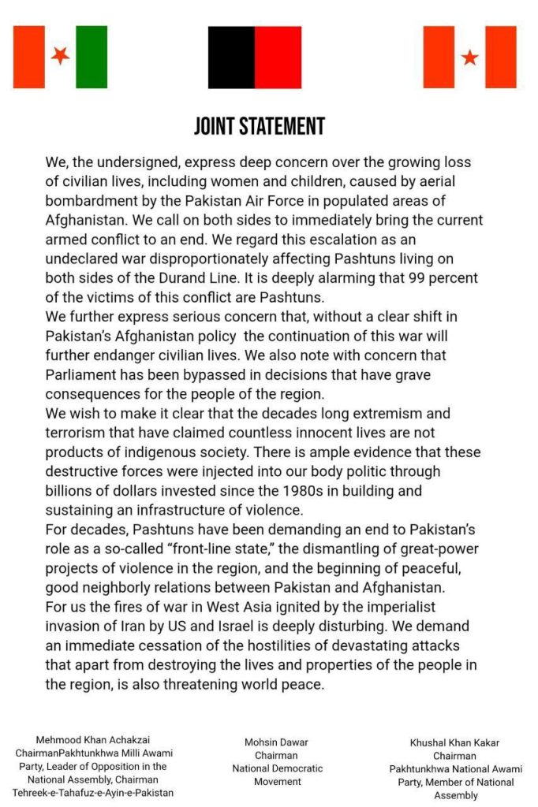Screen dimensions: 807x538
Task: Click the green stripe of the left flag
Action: (x=92, y=57)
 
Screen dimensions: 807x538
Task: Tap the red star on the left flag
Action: (x=60, y=56)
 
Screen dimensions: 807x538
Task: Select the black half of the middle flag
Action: (x=231, y=57)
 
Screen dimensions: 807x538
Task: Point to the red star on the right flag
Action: (x=469, y=57)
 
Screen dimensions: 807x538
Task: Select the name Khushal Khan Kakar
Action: (x=454, y=742)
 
